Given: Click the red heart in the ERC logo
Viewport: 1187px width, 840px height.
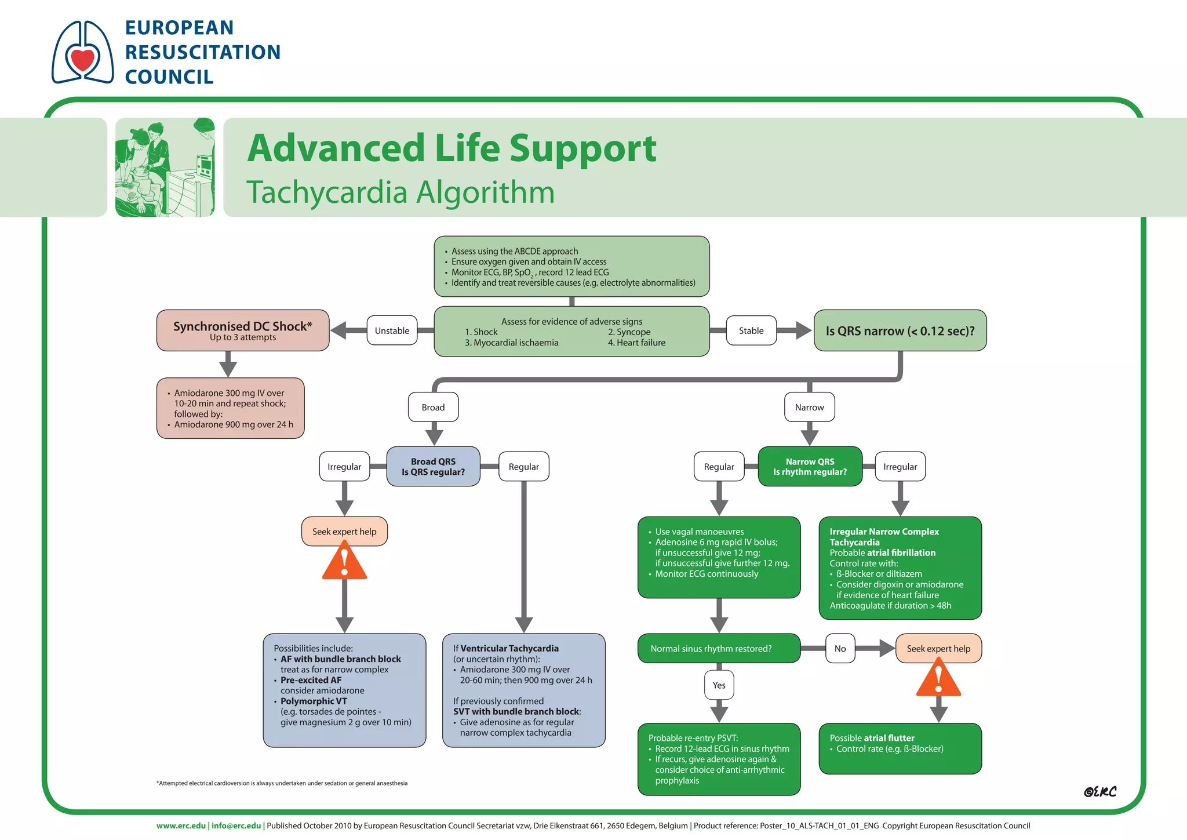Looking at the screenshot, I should coord(82,60).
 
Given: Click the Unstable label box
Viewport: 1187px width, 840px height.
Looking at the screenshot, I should coord(392,330).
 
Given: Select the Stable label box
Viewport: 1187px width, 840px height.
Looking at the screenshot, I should coord(751,330).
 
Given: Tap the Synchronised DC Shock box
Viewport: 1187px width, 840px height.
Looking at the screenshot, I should coord(243,330).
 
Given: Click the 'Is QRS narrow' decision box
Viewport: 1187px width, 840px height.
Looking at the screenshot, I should coord(900,330).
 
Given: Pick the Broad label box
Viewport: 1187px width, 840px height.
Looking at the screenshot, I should coord(433,408).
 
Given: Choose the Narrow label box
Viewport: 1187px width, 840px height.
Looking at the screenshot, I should coord(809,408).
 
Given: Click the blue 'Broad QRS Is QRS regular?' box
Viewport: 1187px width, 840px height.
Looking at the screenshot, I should coord(433,467).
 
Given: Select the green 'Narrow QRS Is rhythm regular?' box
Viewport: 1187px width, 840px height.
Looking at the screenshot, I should coord(810,467).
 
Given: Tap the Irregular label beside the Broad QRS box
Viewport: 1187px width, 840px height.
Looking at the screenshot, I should coord(344,467).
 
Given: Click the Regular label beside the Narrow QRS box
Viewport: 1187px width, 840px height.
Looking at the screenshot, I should coord(719,467).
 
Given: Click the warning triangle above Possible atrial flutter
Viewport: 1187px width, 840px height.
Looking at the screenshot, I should coord(938,681).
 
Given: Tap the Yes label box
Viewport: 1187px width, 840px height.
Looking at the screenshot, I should coord(719,685).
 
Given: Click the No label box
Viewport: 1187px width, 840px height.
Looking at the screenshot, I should coord(840,649).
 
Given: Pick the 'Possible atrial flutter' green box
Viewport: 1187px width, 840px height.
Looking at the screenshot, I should coord(900,748).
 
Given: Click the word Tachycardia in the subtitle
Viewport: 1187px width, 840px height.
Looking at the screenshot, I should coord(325,192).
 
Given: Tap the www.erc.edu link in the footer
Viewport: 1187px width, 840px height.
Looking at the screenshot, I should coord(181,826).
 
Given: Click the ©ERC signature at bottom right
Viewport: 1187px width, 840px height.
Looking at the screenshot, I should coord(1099,792).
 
